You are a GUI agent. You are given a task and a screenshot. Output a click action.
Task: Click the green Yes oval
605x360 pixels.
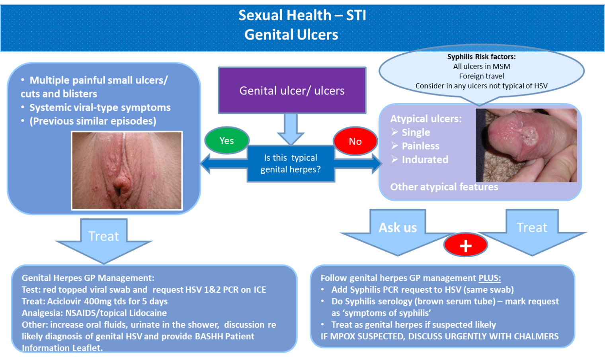click(x=227, y=141)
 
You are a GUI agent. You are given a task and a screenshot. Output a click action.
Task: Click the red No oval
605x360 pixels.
click(x=355, y=141)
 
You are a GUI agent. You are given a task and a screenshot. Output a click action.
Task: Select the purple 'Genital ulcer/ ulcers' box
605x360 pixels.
click(x=292, y=90)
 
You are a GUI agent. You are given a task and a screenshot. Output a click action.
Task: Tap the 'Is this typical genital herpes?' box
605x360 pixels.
click(x=291, y=164)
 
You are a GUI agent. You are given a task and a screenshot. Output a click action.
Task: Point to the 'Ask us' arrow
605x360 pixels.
click(x=398, y=231)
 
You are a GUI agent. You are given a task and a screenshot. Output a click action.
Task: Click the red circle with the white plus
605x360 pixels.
click(x=465, y=245)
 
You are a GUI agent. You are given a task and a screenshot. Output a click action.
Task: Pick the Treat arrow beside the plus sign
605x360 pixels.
click(x=532, y=231)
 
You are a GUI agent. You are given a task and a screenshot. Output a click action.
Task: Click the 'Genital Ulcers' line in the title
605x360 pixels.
click(x=291, y=35)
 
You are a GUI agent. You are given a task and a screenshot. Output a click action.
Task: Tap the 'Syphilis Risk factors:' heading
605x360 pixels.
click(x=481, y=57)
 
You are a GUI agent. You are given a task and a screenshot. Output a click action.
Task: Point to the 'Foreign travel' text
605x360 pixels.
click(x=481, y=76)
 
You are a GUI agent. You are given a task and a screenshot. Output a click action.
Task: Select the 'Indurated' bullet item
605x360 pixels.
click(x=425, y=160)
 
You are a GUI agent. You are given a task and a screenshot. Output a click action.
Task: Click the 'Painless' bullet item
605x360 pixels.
click(x=420, y=146)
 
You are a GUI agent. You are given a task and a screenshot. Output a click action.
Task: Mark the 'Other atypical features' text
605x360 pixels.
click(x=444, y=187)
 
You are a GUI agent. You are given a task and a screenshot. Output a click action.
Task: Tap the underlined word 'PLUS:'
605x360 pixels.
click(x=490, y=278)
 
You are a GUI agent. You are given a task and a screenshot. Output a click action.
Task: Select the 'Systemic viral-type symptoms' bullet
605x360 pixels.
click(x=100, y=108)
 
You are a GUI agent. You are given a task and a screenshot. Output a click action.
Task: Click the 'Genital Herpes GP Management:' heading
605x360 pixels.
click(x=88, y=278)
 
